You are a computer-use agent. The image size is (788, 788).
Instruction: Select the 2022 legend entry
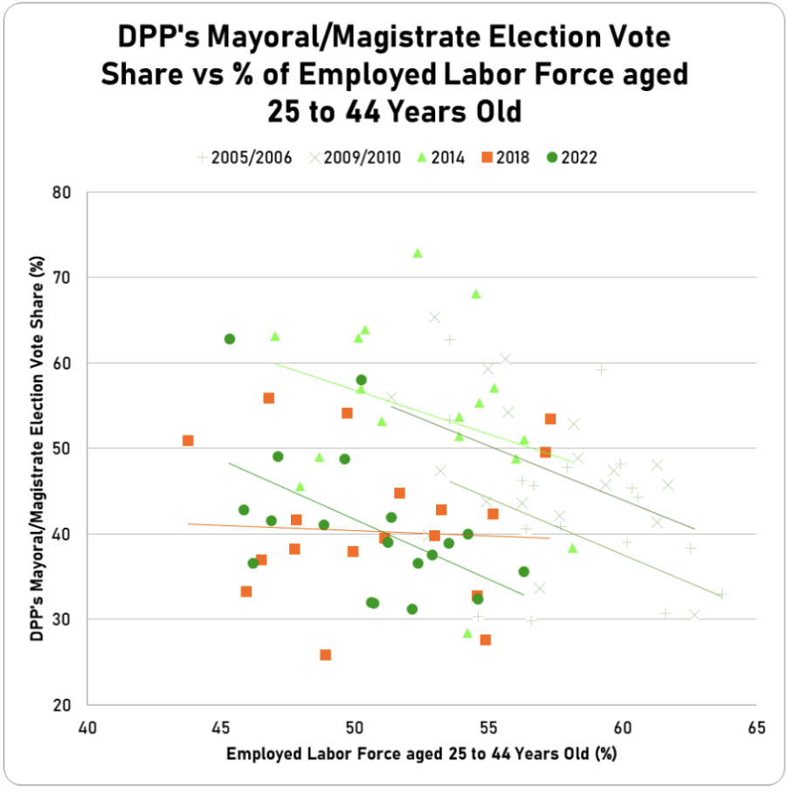coord(572,158)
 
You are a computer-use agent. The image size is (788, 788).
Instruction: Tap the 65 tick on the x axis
coord(756,728)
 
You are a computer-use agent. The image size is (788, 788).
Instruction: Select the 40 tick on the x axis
coord(86,728)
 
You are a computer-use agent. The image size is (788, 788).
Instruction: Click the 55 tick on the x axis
coord(488,728)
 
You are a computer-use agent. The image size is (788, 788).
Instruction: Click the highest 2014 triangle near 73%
coord(418,253)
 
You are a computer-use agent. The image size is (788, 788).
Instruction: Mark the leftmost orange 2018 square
coord(188,440)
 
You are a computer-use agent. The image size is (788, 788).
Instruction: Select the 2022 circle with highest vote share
coord(230,339)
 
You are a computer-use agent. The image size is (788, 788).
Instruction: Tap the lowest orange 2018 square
coord(326,654)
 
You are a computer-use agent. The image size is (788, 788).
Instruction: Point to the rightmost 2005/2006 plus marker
coord(722,594)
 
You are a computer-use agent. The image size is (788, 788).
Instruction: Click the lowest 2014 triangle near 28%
coord(467,633)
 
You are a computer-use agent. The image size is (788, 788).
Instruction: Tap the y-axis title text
coord(38,448)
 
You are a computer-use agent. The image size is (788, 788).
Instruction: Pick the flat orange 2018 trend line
coord(367,531)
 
